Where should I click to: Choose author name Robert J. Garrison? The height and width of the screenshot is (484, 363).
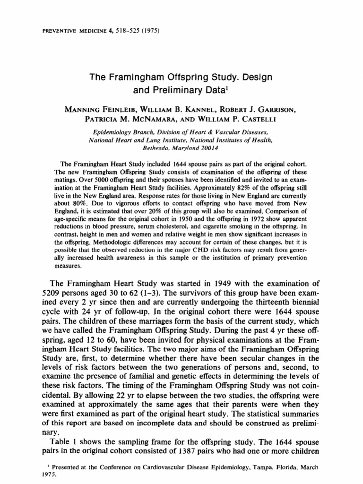263,110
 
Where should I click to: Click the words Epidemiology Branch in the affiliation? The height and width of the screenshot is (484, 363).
114,132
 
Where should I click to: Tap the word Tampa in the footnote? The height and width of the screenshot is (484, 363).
262,467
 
